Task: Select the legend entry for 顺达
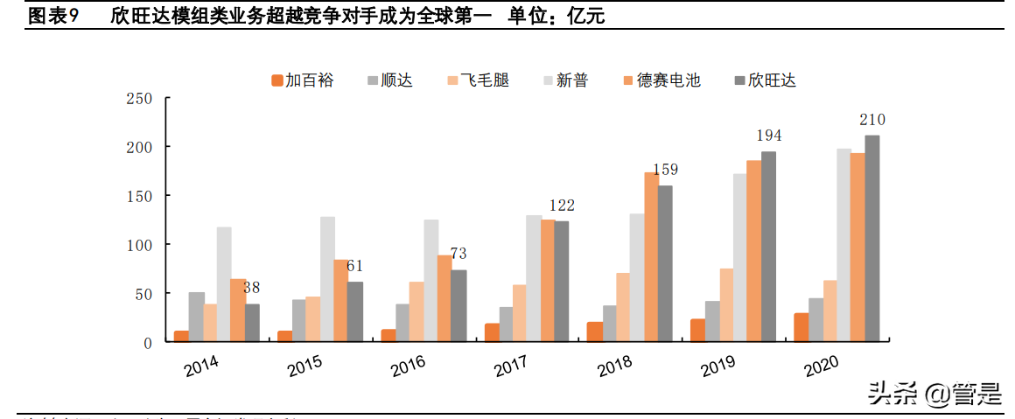[x=389, y=80]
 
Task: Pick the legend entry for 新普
[x=565, y=80]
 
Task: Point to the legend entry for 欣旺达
[x=766, y=80]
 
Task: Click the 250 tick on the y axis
[x=140, y=98]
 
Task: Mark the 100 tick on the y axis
[x=140, y=244]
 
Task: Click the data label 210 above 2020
[x=872, y=120]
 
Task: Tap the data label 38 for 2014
[x=252, y=288]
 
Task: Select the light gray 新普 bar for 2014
[x=224, y=284]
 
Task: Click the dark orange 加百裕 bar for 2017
[x=493, y=332]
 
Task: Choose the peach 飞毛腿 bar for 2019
[x=726, y=304]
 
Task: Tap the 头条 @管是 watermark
[x=934, y=395]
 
